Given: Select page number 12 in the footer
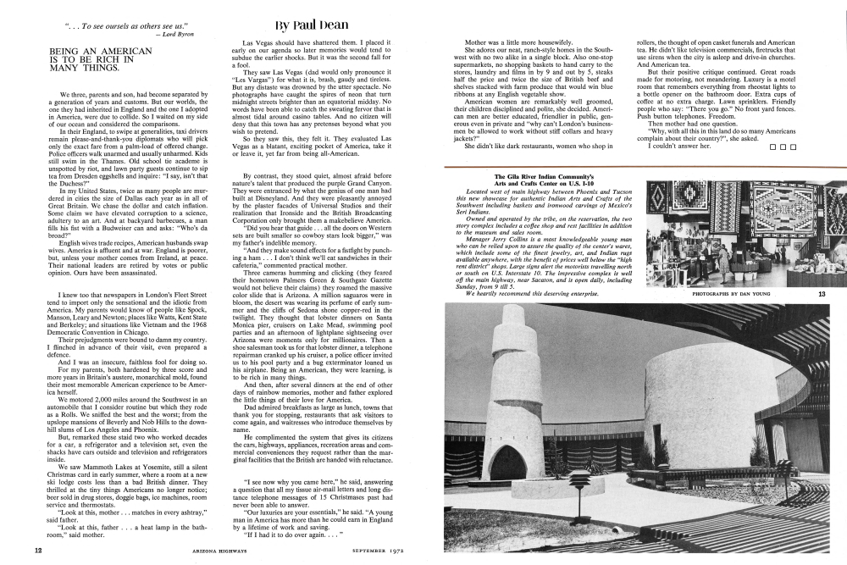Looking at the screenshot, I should [x=38, y=550].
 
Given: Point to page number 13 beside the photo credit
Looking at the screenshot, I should [x=822, y=294].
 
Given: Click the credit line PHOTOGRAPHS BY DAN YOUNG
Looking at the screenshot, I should [x=732, y=294].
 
